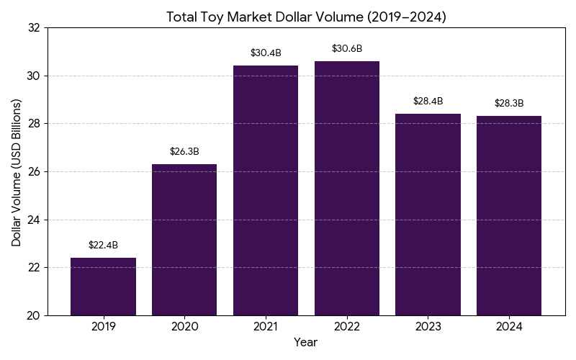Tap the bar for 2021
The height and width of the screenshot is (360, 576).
click(266, 190)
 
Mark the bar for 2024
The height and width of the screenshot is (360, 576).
click(509, 215)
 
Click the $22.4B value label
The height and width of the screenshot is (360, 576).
click(103, 245)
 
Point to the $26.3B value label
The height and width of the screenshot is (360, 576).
click(184, 151)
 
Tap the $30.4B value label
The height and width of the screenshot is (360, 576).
click(266, 53)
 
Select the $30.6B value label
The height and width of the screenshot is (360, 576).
click(347, 48)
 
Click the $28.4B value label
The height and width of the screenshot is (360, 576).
click(428, 101)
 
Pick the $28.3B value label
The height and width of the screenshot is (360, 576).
click(509, 103)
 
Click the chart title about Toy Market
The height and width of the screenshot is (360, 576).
click(306, 17)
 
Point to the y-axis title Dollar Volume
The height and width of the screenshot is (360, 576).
click(17, 171)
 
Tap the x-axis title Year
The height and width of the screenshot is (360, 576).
click(305, 343)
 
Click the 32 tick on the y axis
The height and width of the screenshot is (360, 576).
click(34, 27)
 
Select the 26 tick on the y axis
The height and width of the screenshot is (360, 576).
click(34, 171)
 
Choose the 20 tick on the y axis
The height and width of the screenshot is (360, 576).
click(34, 315)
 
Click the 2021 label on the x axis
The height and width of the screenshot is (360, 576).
click(266, 327)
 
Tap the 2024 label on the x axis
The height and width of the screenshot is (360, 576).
click(509, 327)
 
